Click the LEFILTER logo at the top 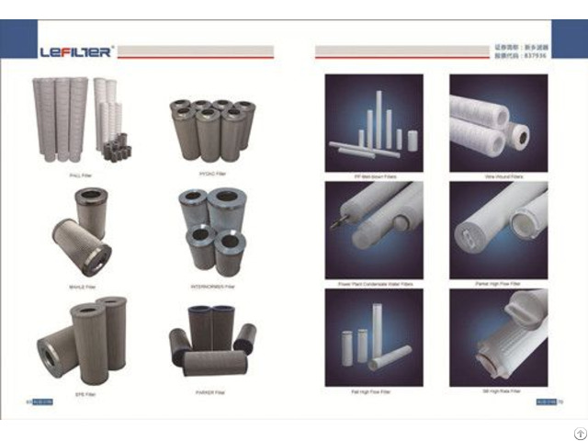[x=76, y=51]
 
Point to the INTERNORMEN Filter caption [x=211, y=285]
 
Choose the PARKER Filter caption [x=211, y=392]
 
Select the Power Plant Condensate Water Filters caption [x=374, y=285]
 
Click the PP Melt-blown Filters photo [x=375, y=122]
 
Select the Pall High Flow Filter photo [x=375, y=336]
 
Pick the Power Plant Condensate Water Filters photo [x=375, y=229]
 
